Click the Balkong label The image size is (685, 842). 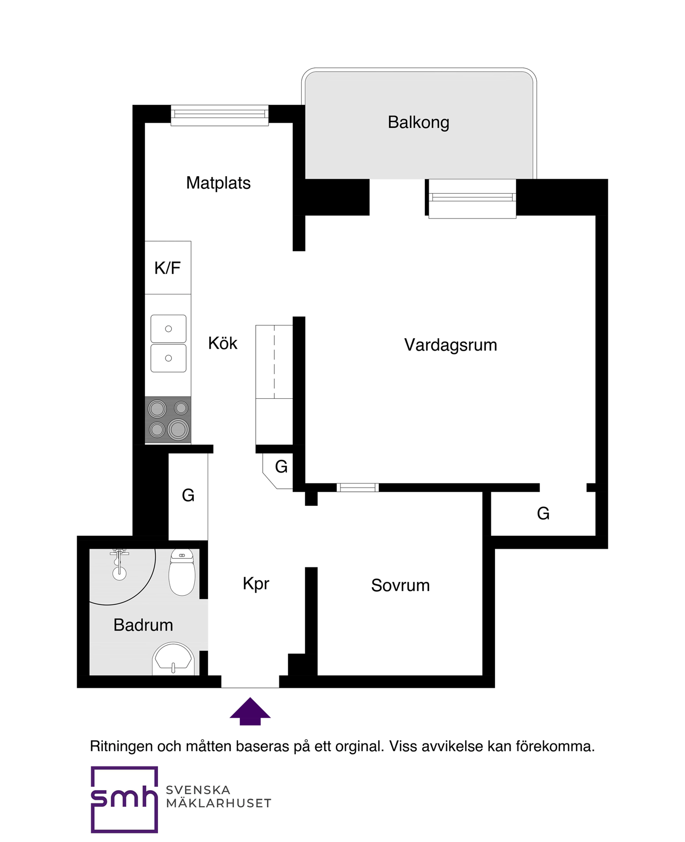tap(418, 123)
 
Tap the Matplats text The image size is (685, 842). tap(218, 183)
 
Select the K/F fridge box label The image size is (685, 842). tap(168, 268)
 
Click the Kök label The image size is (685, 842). tap(223, 343)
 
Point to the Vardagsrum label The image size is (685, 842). tap(450, 345)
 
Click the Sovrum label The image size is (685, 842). tap(400, 585)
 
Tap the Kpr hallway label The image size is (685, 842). tap(256, 583)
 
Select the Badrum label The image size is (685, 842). tap(143, 625)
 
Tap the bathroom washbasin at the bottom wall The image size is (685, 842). tap(173, 659)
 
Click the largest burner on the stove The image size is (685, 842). tap(178, 429)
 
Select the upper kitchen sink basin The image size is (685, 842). tap(169, 329)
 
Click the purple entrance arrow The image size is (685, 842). tap(250, 712)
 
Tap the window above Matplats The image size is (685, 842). tap(219, 115)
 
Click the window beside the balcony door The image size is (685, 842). tap(472, 198)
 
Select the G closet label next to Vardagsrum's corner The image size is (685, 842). tap(543, 513)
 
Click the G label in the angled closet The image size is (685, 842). tap(281, 467)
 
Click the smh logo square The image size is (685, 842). tap(124, 799)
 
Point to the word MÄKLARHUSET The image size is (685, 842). tap(218, 803)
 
